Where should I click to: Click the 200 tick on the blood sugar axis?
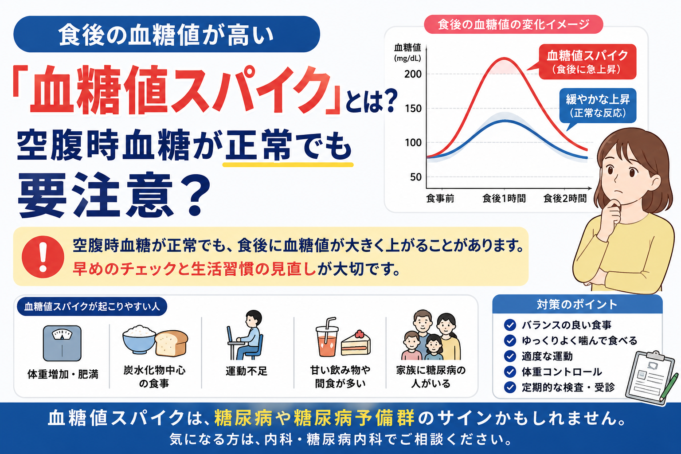coord(413,74)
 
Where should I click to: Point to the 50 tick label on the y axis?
coord(415,177)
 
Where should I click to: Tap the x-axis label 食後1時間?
coord(504,199)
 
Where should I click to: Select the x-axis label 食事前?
coord(440,199)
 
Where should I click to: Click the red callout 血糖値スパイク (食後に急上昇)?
coord(587,62)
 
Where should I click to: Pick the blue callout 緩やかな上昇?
coord(597,106)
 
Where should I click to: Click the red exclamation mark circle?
coord(43,257)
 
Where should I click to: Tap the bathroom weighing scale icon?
coord(62,343)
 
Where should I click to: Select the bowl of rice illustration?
coord(139,339)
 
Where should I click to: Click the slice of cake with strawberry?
coord(356,343)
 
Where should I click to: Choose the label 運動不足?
coord(246,371)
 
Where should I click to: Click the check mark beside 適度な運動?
coord(510,356)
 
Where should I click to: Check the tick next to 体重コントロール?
coord(510,372)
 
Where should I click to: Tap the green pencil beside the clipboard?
coord(669,387)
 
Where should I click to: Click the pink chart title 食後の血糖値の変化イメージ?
coord(513,24)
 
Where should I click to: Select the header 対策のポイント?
coord(577,305)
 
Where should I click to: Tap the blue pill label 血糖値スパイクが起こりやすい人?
coord(92,306)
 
